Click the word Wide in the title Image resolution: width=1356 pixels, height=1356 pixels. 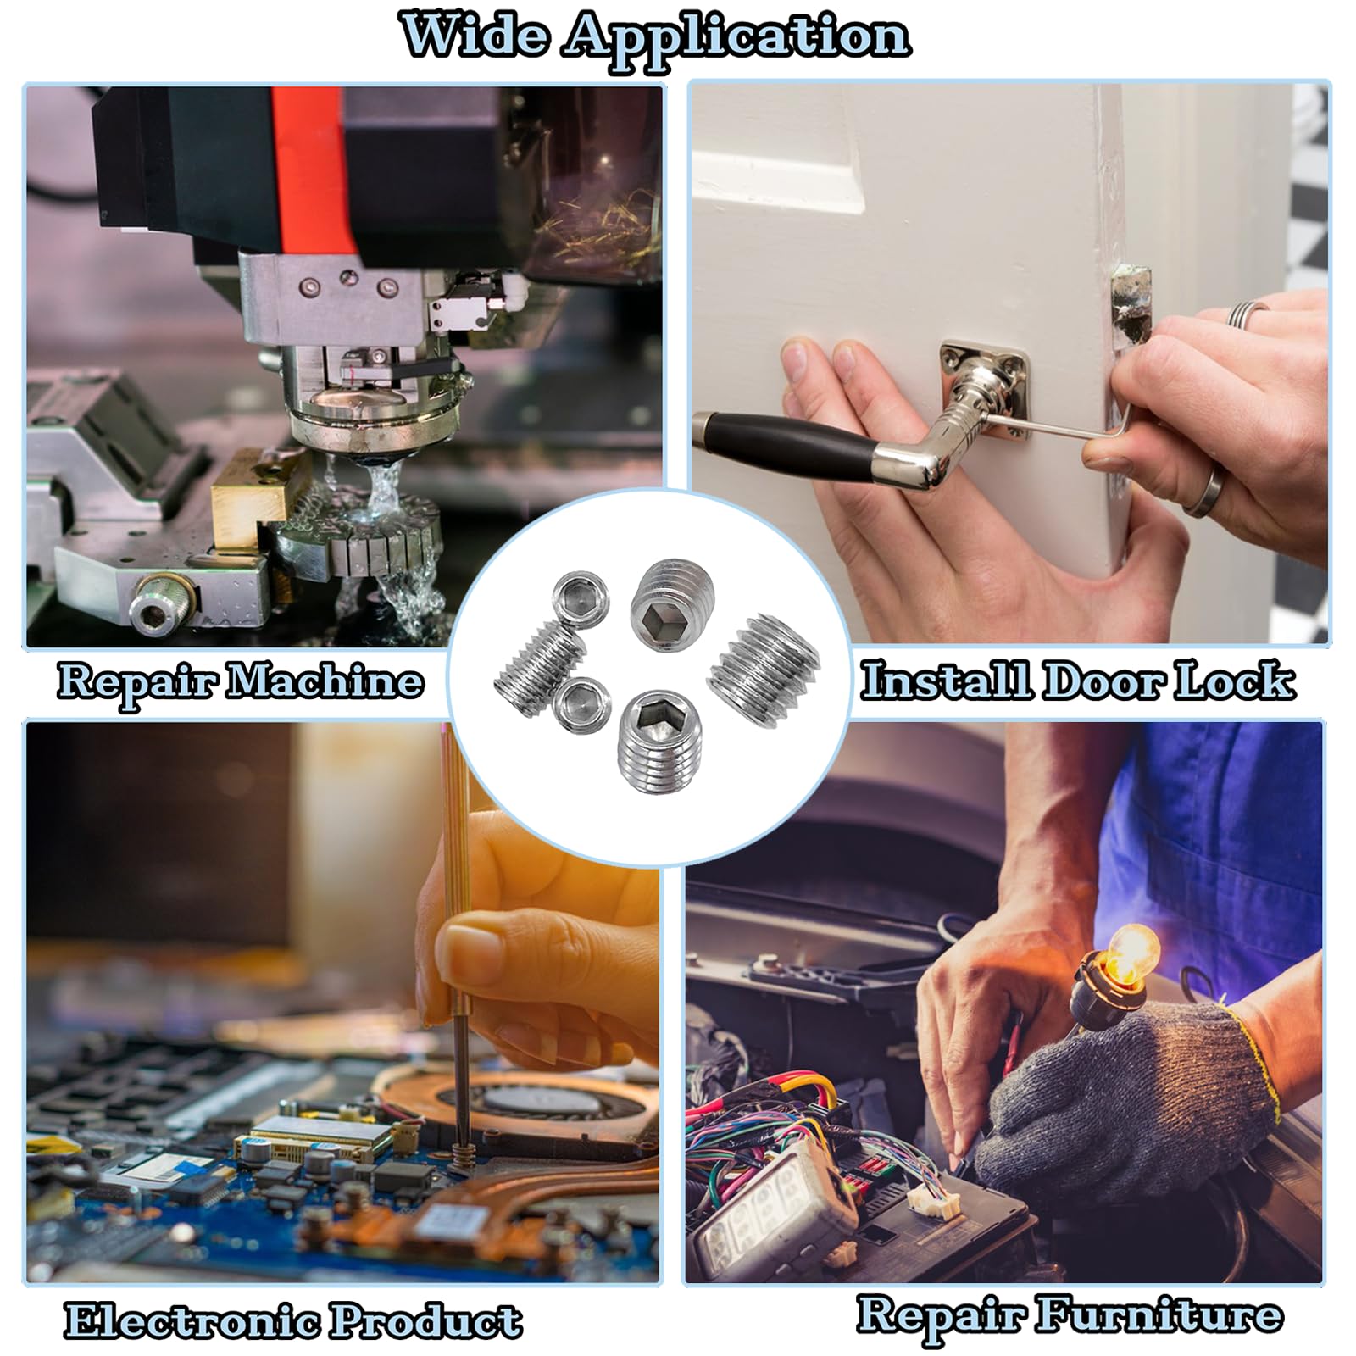coord(475,36)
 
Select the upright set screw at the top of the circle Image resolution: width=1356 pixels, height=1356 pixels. coord(674,603)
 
